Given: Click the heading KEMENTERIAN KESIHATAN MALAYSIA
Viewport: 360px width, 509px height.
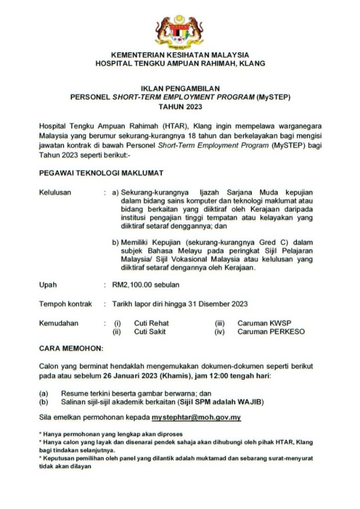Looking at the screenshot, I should pos(180,55).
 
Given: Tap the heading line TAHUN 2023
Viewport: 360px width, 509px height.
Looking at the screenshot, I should pos(180,107).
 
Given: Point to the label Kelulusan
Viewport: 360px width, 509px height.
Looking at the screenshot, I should pos(55,192).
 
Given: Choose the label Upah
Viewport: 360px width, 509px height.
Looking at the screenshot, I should pos(48,285).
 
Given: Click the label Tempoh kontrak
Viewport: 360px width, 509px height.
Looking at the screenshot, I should pos(65,304).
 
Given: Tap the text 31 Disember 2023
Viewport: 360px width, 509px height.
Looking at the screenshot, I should pos(219,304).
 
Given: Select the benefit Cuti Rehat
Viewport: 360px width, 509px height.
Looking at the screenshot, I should pos(151,323).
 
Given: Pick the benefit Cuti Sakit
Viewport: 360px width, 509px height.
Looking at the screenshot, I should pos(150,332).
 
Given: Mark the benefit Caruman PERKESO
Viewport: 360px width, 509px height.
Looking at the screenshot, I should pos(271,332).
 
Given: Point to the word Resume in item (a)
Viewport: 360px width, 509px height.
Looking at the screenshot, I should pos(74,393).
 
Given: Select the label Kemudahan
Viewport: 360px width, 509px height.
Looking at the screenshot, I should pos(59,323).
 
